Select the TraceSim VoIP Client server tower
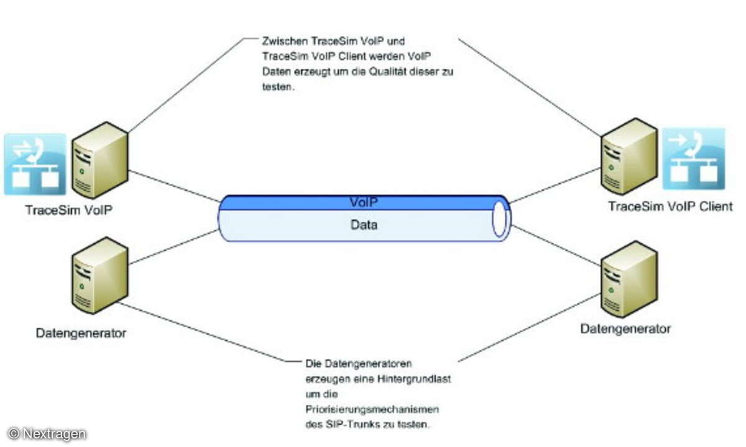click(x=629, y=156)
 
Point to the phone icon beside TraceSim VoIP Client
click(x=693, y=158)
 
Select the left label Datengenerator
click(x=81, y=333)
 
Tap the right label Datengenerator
click(x=625, y=328)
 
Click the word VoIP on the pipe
click(x=364, y=202)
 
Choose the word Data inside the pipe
click(x=363, y=225)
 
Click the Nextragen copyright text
click(x=47, y=433)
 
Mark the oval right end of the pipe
click(x=500, y=219)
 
